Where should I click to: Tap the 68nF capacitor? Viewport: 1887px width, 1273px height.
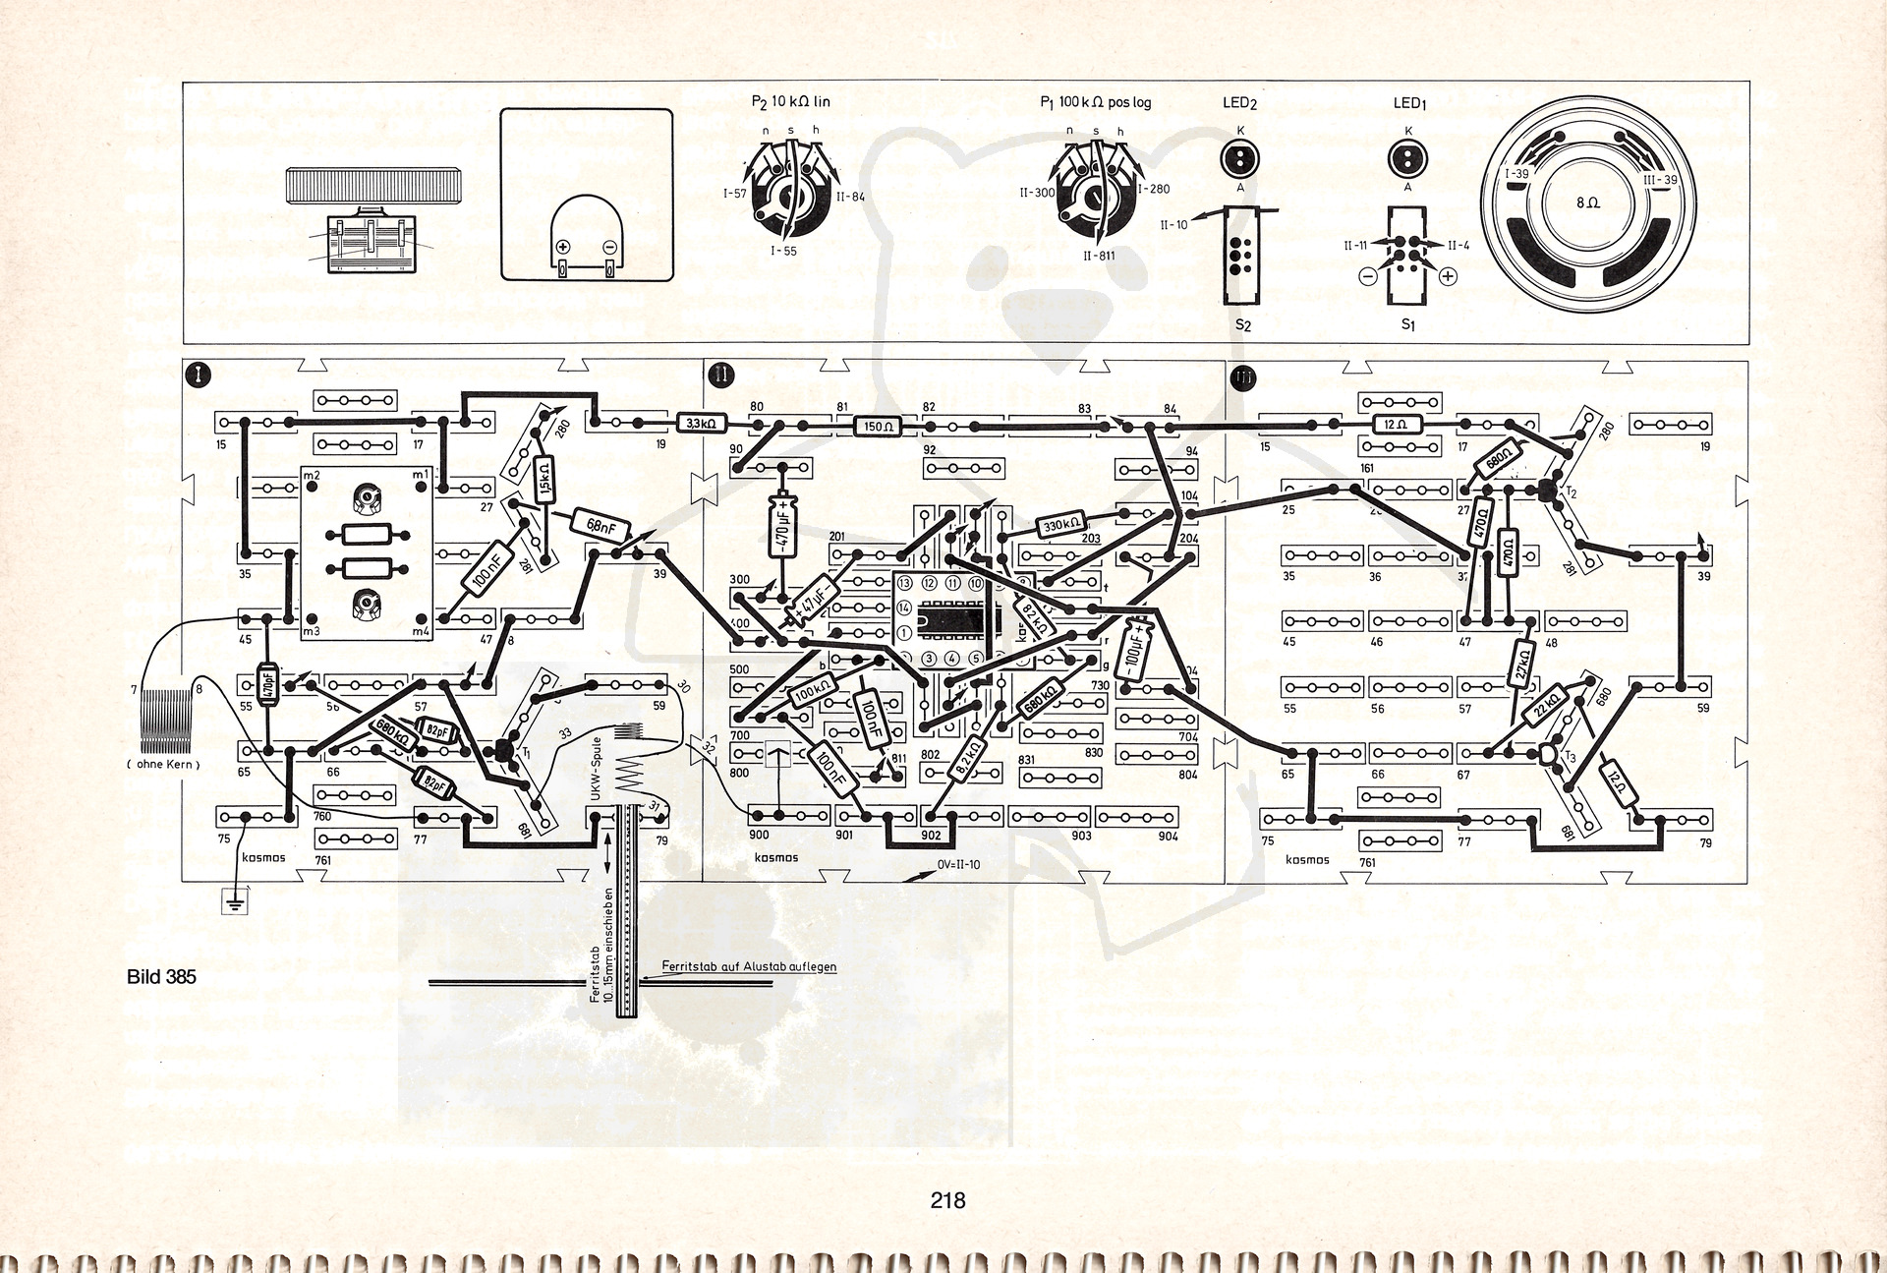click(x=600, y=526)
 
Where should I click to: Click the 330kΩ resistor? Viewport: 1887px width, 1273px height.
click(x=1061, y=525)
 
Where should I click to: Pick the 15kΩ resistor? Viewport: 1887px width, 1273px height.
click(x=543, y=480)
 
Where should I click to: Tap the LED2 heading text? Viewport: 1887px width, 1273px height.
click(x=1240, y=103)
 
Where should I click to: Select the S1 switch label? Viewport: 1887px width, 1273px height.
click(x=1408, y=323)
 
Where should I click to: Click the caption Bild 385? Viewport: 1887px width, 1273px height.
click(x=161, y=977)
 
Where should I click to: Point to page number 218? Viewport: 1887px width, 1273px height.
click(x=947, y=1200)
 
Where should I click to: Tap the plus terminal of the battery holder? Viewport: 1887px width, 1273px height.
click(x=563, y=248)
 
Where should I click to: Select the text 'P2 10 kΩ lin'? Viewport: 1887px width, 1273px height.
click(x=790, y=101)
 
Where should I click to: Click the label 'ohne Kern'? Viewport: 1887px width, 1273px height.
click(x=163, y=764)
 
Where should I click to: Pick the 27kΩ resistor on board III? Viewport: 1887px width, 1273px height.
click(x=1522, y=664)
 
